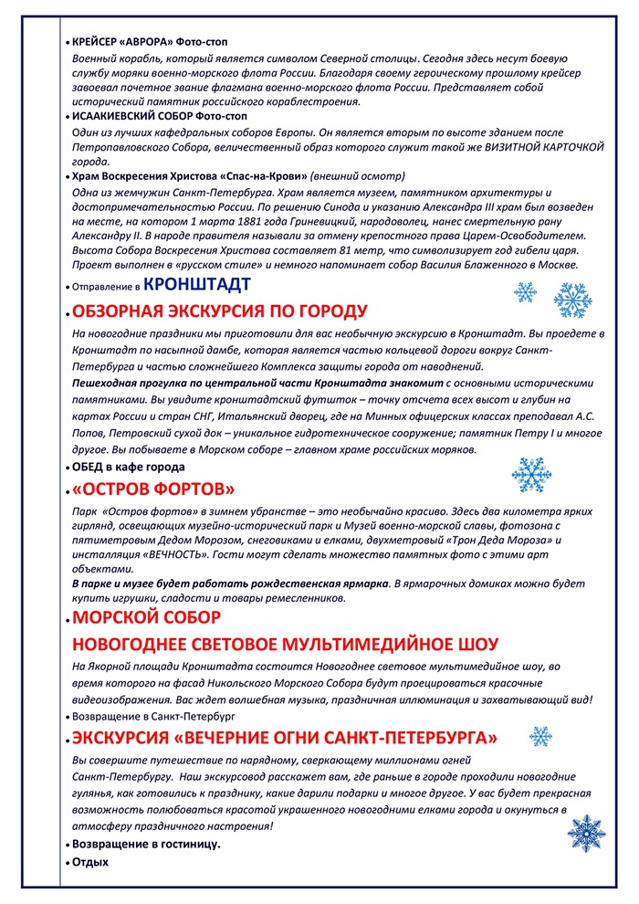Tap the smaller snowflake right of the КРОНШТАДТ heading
[x=526, y=292]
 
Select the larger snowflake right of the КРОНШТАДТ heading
[x=572, y=300]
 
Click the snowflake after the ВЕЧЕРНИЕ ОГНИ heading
[x=541, y=736]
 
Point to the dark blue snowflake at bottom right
[x=586, y=833]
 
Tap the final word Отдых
[x=90, y=861]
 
